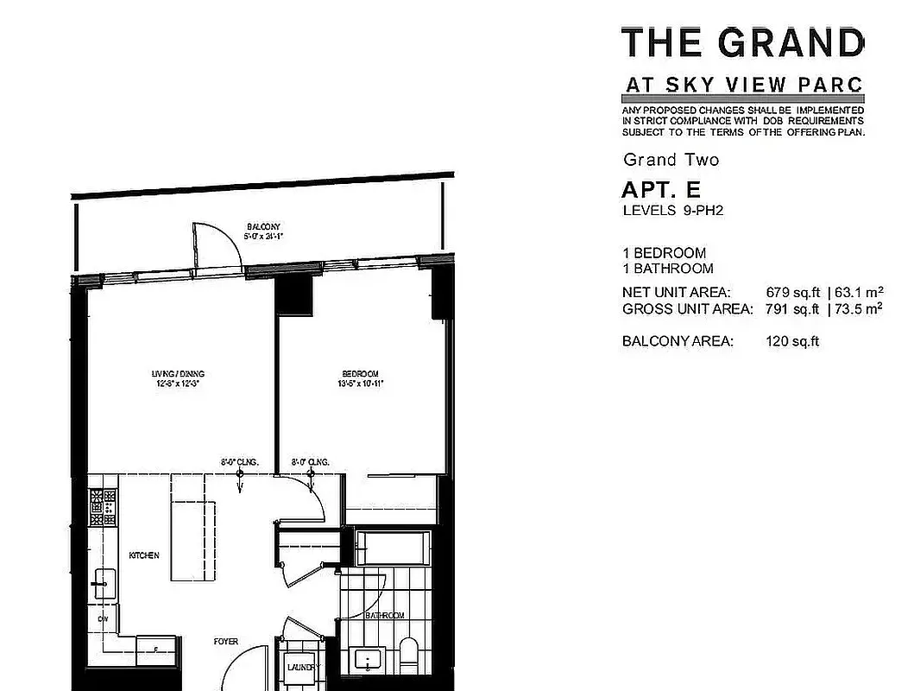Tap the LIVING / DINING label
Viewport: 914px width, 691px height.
178,374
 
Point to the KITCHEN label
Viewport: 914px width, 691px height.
144,555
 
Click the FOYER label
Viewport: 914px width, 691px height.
226,642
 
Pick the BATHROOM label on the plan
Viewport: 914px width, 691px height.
385,616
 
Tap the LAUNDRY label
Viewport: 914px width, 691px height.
303,667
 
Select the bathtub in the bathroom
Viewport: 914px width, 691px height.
392,548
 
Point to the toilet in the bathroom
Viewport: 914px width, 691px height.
408,652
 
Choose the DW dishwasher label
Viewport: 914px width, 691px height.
103,619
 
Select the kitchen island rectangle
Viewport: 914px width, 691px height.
191,527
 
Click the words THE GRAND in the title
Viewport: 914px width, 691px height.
742,42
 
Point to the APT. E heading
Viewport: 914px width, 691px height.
661,189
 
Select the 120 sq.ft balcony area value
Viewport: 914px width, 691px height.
791,341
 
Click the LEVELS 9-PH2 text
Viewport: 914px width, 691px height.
672,210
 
